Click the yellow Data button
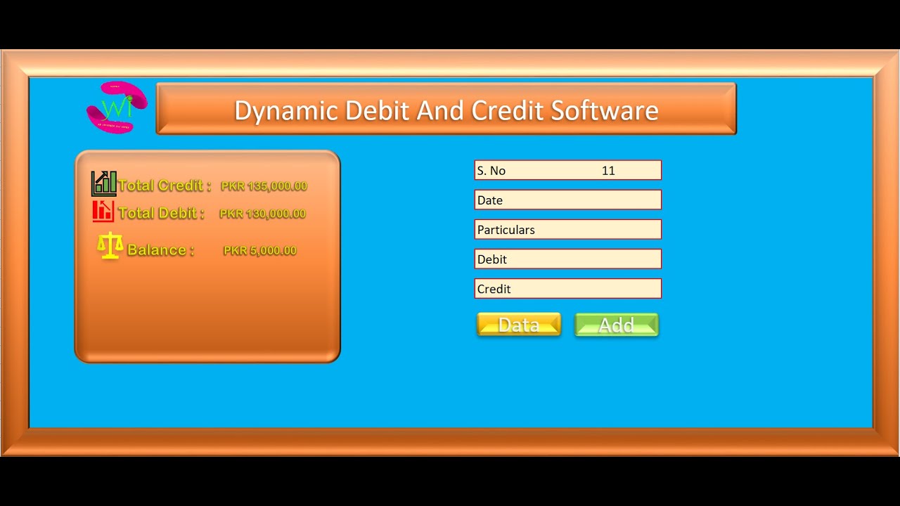pos(518,325)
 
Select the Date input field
pos(567,200)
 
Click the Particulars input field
pos(567,230)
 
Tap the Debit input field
pos(567,259)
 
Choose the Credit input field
pos(567,289)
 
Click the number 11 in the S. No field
pos(608,171)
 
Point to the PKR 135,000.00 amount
pos(264,186)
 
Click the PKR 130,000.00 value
pos(262,214)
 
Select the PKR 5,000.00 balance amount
pos(259,250)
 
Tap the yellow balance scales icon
pos(110,247)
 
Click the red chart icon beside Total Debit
pos(103,211)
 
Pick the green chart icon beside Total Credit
pos(104,183)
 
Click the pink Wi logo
pos(117,108)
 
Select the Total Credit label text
pos(165,186)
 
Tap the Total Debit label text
pos(161,213)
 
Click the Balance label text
pos(160,250)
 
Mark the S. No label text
pos(491,171)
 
